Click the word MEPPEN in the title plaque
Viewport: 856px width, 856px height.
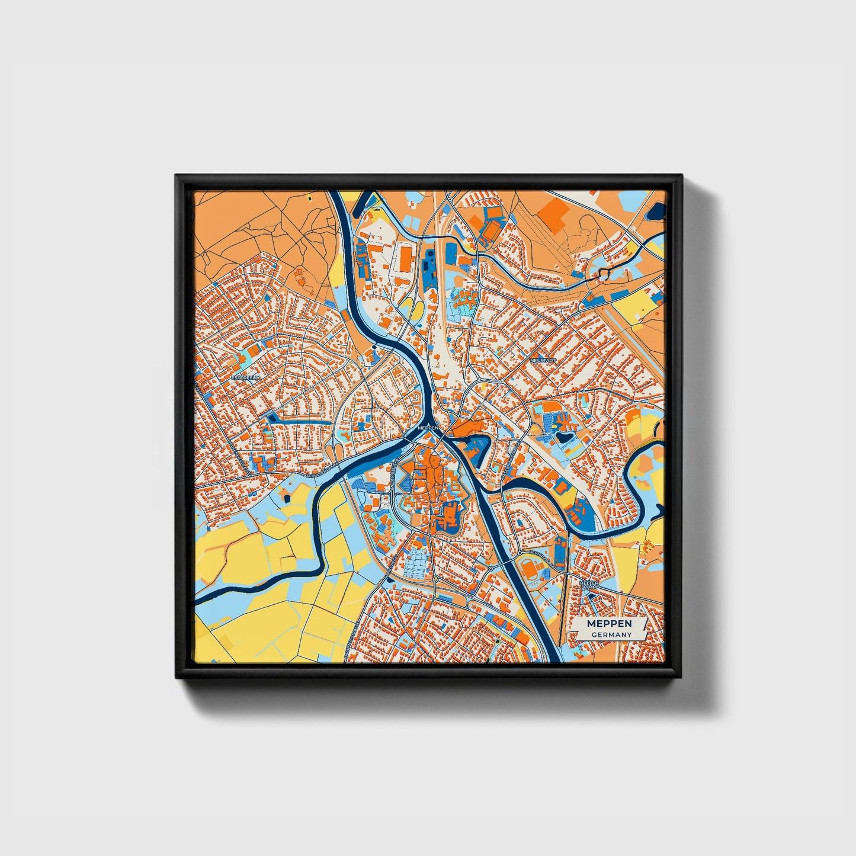point(609,624)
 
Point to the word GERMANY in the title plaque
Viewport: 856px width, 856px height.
point(611,634)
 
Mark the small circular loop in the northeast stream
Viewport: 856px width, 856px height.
point(604,274)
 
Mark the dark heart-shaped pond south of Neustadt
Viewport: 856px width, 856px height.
point(561,438)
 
